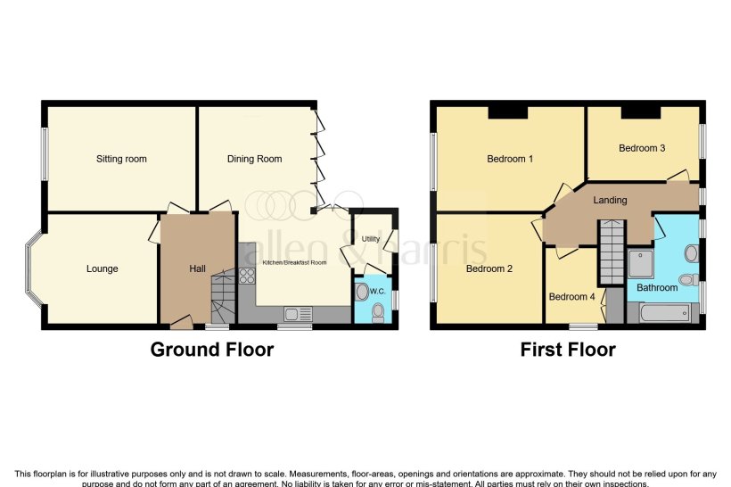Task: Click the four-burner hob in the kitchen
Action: [x=247, y=276]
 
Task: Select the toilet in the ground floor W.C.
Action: [x=377, y=311]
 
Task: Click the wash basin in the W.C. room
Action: [x=360, y=292]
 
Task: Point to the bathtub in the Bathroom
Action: [x=659, y=313]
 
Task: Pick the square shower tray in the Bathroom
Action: [x=640, y=264]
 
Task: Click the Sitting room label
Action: [x=121, y=159]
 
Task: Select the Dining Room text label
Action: [x=254, y=159]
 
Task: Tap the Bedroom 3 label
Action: [x=642, y=148]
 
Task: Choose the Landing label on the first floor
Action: [x=610, y=200]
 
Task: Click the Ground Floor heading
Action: [x=211, y=350]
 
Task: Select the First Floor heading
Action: [x=568, y=350]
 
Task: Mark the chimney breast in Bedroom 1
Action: [x=507, y=112]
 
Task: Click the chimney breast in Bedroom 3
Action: [x=640, y=111]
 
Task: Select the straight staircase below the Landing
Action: [x=612, y=252]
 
